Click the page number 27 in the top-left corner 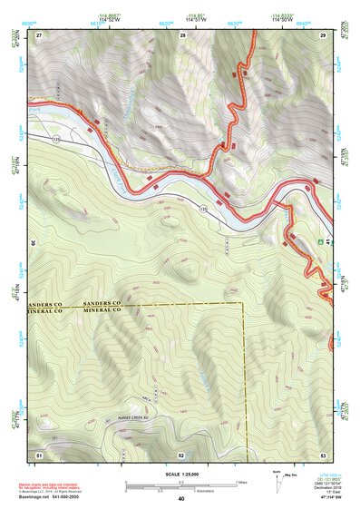(x=39, y=34)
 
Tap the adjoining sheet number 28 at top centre (x=182, y=34)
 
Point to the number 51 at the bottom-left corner (x=39, y=453)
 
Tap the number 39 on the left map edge (x=34, y=243)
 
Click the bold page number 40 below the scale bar (x=181, y=499)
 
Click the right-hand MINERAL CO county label (x=102, y=310)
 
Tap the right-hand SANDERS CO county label (x=102, y=302)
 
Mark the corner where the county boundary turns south (x=244, y=303)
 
